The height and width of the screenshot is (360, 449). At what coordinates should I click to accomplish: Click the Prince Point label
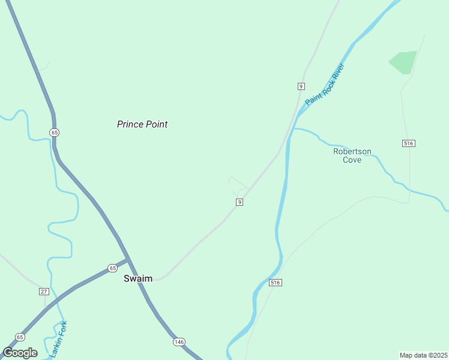(142, 124)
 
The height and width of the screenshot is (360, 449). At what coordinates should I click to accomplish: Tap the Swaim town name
(138, 278)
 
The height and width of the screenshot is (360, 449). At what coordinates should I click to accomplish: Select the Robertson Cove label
(352, 156)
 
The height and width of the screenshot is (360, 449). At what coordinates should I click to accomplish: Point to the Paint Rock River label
(325, 84)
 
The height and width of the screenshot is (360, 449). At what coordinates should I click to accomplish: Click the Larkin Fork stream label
(59, 340)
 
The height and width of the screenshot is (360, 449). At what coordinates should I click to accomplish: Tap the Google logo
(20, 353)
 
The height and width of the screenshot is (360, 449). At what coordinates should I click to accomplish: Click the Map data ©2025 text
(423, 355)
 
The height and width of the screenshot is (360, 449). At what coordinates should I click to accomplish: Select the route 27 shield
(44, 291)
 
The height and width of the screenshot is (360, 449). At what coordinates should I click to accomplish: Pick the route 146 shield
(179, 341)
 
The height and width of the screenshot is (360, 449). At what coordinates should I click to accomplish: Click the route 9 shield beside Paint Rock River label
(301, 86)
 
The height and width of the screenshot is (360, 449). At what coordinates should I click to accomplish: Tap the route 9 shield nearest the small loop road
(240, 202)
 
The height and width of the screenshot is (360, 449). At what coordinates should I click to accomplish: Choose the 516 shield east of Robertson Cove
(409, 143)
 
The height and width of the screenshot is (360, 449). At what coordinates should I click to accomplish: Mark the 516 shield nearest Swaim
(276, 282)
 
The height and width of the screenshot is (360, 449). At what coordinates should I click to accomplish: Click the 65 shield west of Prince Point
(55, 132)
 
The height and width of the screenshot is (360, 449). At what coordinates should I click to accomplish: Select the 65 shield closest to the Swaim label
(112, 268)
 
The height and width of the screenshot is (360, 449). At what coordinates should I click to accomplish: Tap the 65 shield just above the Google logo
(20, 337)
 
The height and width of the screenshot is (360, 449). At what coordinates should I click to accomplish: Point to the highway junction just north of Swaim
(128, 259)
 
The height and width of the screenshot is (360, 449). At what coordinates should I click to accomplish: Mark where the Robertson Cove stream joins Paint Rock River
(292, 129)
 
